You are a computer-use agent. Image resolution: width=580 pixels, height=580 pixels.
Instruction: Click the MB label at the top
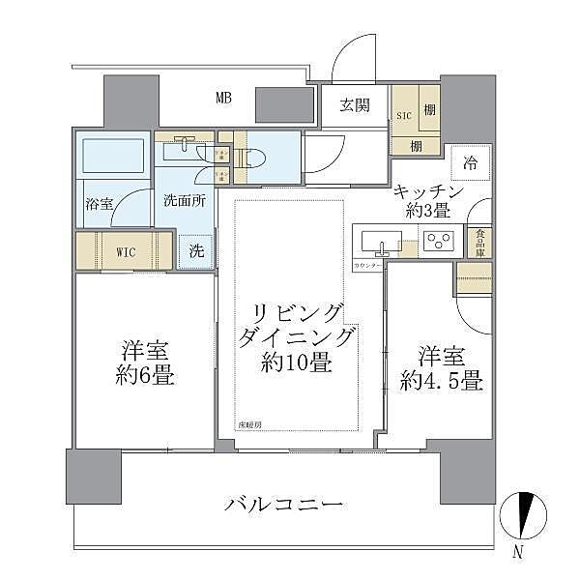223,97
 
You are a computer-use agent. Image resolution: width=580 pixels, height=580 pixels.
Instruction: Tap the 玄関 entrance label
354,106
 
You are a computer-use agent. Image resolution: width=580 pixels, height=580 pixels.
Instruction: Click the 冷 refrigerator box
470,161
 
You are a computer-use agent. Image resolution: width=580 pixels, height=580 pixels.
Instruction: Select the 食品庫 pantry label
478,241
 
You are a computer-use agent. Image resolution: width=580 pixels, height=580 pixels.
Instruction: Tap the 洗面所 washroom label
184,202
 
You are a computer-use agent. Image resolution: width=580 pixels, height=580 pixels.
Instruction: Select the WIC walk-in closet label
127,251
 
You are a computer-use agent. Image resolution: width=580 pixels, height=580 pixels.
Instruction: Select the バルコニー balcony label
283,504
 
